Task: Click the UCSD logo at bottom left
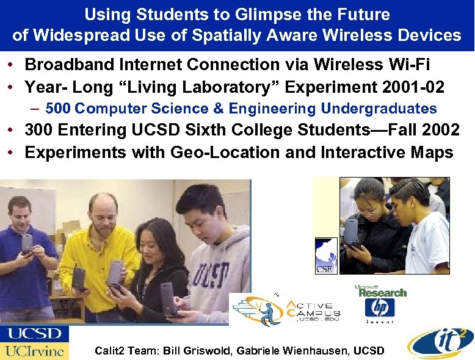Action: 34,334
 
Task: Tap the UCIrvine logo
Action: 34,351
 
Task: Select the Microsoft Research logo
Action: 380,291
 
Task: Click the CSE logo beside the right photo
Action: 325,256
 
